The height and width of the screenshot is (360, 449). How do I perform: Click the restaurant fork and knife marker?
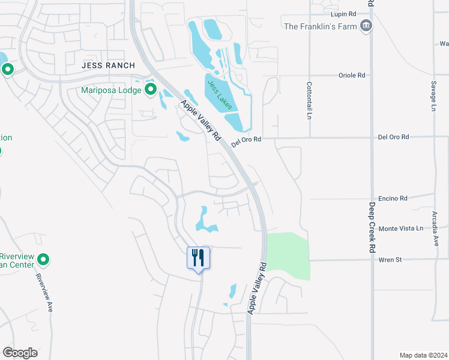click(x=198, y=258)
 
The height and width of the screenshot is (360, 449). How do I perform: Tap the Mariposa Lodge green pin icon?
click(x=150, y=90)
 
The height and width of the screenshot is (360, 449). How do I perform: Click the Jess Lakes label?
click(x=218, y=95)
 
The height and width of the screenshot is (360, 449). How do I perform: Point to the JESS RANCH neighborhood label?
click(x=109, y=65)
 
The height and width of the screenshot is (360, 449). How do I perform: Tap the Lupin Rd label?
click(x=343, y=13)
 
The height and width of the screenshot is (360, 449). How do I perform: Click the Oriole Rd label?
click(x=353, y=76)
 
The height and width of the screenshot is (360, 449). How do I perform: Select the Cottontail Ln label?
click(x=310, y=99)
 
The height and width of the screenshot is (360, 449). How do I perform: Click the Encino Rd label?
click(x=393, y=198)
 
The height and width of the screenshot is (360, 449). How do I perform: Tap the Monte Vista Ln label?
click(x=401, y=229)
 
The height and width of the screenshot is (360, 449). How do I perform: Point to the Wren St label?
click(x=390, y=260)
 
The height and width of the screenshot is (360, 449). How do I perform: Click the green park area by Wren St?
click(x=287, y=255)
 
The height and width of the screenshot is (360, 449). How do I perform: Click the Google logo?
click(x=20, y=353)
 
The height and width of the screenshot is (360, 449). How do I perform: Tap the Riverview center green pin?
click(x=43, y=260)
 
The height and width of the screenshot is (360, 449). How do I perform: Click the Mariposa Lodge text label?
click(x=111, y=91)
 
